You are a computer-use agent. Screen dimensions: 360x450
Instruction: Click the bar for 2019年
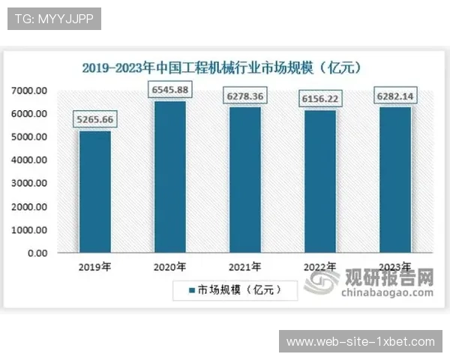(94, 192)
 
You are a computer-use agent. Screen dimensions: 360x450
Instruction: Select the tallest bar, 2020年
(169, 177)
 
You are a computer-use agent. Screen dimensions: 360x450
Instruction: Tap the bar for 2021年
(245, 180)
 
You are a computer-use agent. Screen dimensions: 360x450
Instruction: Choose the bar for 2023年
(395, 180)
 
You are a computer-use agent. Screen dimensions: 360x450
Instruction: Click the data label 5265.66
(94, 119)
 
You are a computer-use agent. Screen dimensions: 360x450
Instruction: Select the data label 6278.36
(245, 96)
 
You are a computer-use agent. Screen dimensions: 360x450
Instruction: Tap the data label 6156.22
(320, 98)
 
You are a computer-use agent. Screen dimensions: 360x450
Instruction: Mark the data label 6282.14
(395, 96)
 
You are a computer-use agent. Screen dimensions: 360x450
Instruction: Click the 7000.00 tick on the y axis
(30, 91)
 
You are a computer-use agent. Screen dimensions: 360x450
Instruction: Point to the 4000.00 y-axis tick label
(30, 160)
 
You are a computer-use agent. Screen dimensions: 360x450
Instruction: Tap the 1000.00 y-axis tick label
(30, 230)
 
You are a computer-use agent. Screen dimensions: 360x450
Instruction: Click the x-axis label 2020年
(169, 266)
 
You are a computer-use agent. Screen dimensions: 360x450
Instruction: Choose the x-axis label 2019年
(94, 266)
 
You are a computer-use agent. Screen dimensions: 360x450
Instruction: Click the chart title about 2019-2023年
(223, 67)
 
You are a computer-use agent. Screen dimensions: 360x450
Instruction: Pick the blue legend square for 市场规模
(191, 289)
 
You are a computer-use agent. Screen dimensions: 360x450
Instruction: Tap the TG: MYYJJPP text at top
(54, 19)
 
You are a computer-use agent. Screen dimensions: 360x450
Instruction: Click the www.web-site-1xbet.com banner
(361, 342)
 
